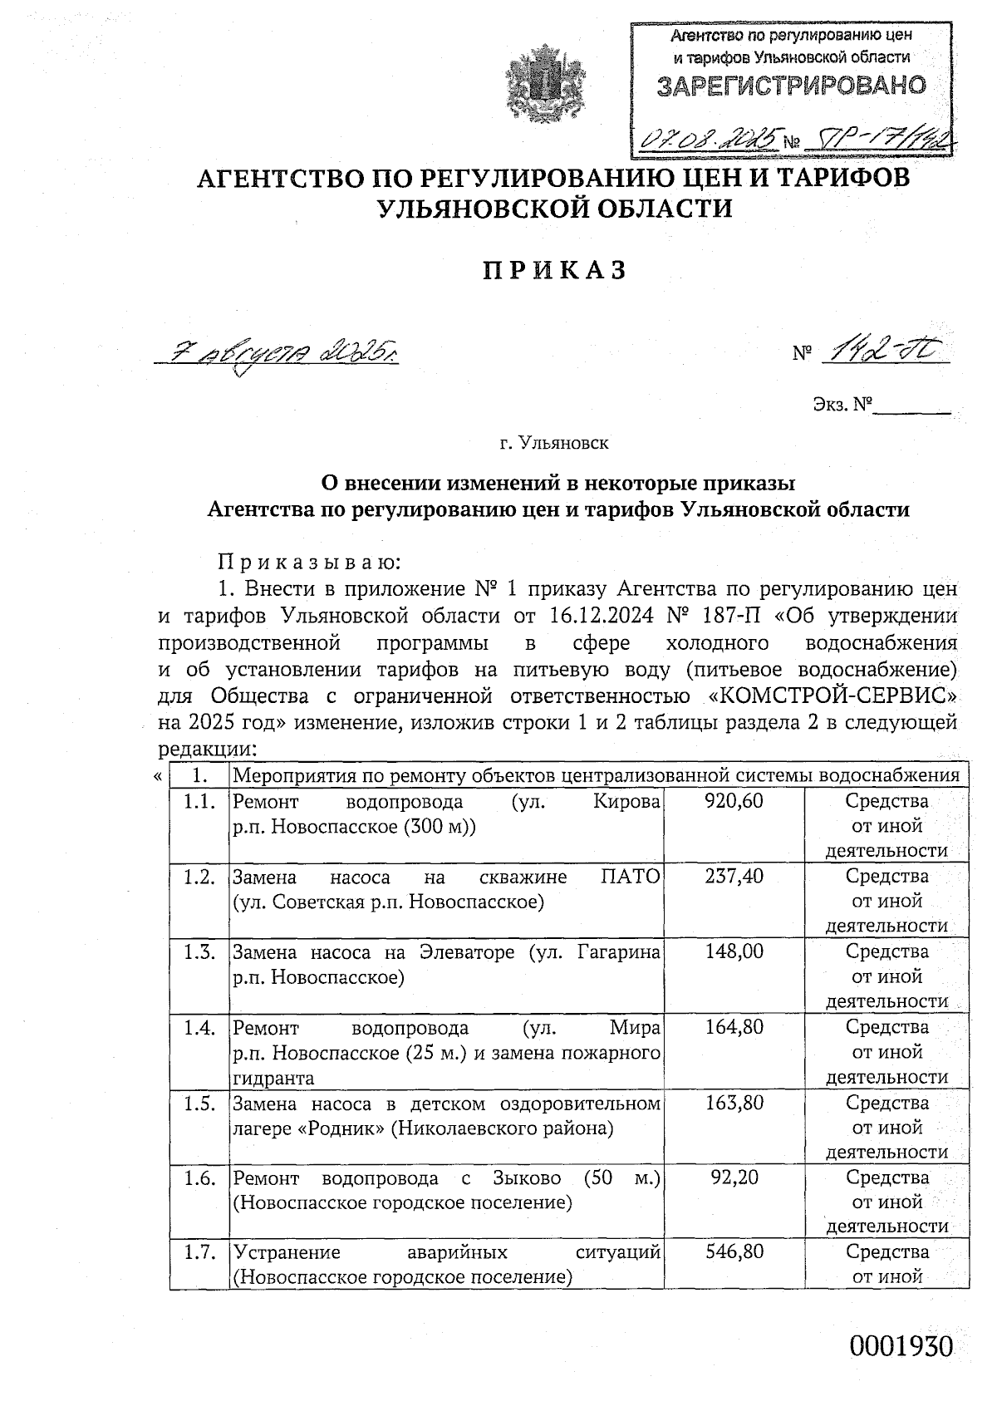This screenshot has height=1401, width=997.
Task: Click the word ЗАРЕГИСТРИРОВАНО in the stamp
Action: tap(791, 85)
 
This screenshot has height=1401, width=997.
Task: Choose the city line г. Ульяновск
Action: tap(553, 442)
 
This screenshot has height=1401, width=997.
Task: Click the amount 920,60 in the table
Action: tap(734, 801)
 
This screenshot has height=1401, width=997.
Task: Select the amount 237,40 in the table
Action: tap(734, 876)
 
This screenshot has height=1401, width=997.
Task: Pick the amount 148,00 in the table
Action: tap(734, 951)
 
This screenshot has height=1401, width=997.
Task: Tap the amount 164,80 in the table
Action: tap(734, 1027)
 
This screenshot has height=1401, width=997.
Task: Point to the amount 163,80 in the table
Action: tap(734, 1103)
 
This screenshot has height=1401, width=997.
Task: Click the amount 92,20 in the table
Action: tap(736, 1177)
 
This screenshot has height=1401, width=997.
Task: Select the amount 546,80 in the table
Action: tap(734, 1251)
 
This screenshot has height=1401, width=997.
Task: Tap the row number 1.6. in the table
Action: tap(199, 1178)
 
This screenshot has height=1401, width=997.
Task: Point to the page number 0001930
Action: tap(901, 1346)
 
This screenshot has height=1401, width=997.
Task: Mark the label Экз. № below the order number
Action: tap(842, 405)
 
